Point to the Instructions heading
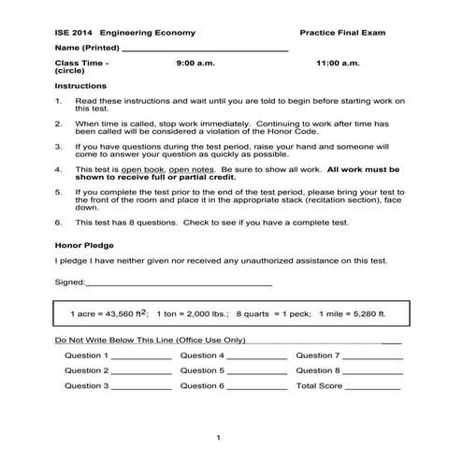pos(80,84)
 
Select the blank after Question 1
pos(142,357)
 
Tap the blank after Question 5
pos(257,372)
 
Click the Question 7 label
pos(318,355)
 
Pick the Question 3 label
pos(86,385)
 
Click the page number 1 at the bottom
pos(218,437)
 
